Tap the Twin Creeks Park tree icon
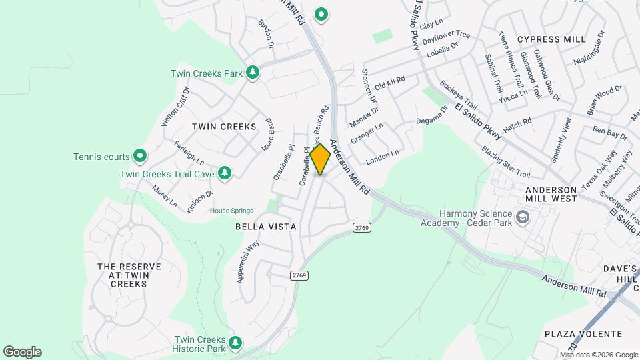tap(252, 72)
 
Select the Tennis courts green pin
tap(139, 157)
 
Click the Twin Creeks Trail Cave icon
tap(225, 173)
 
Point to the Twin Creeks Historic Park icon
tap(235, 343)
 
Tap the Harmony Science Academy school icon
tap(523, 217)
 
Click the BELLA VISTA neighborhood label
tap(265, 227)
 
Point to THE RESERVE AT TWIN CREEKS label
tap(122, 275)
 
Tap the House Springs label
tap(231, 211)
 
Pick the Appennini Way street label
tap(247, 263)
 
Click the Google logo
tap(22, 352)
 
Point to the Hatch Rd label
tap(517, 123)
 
